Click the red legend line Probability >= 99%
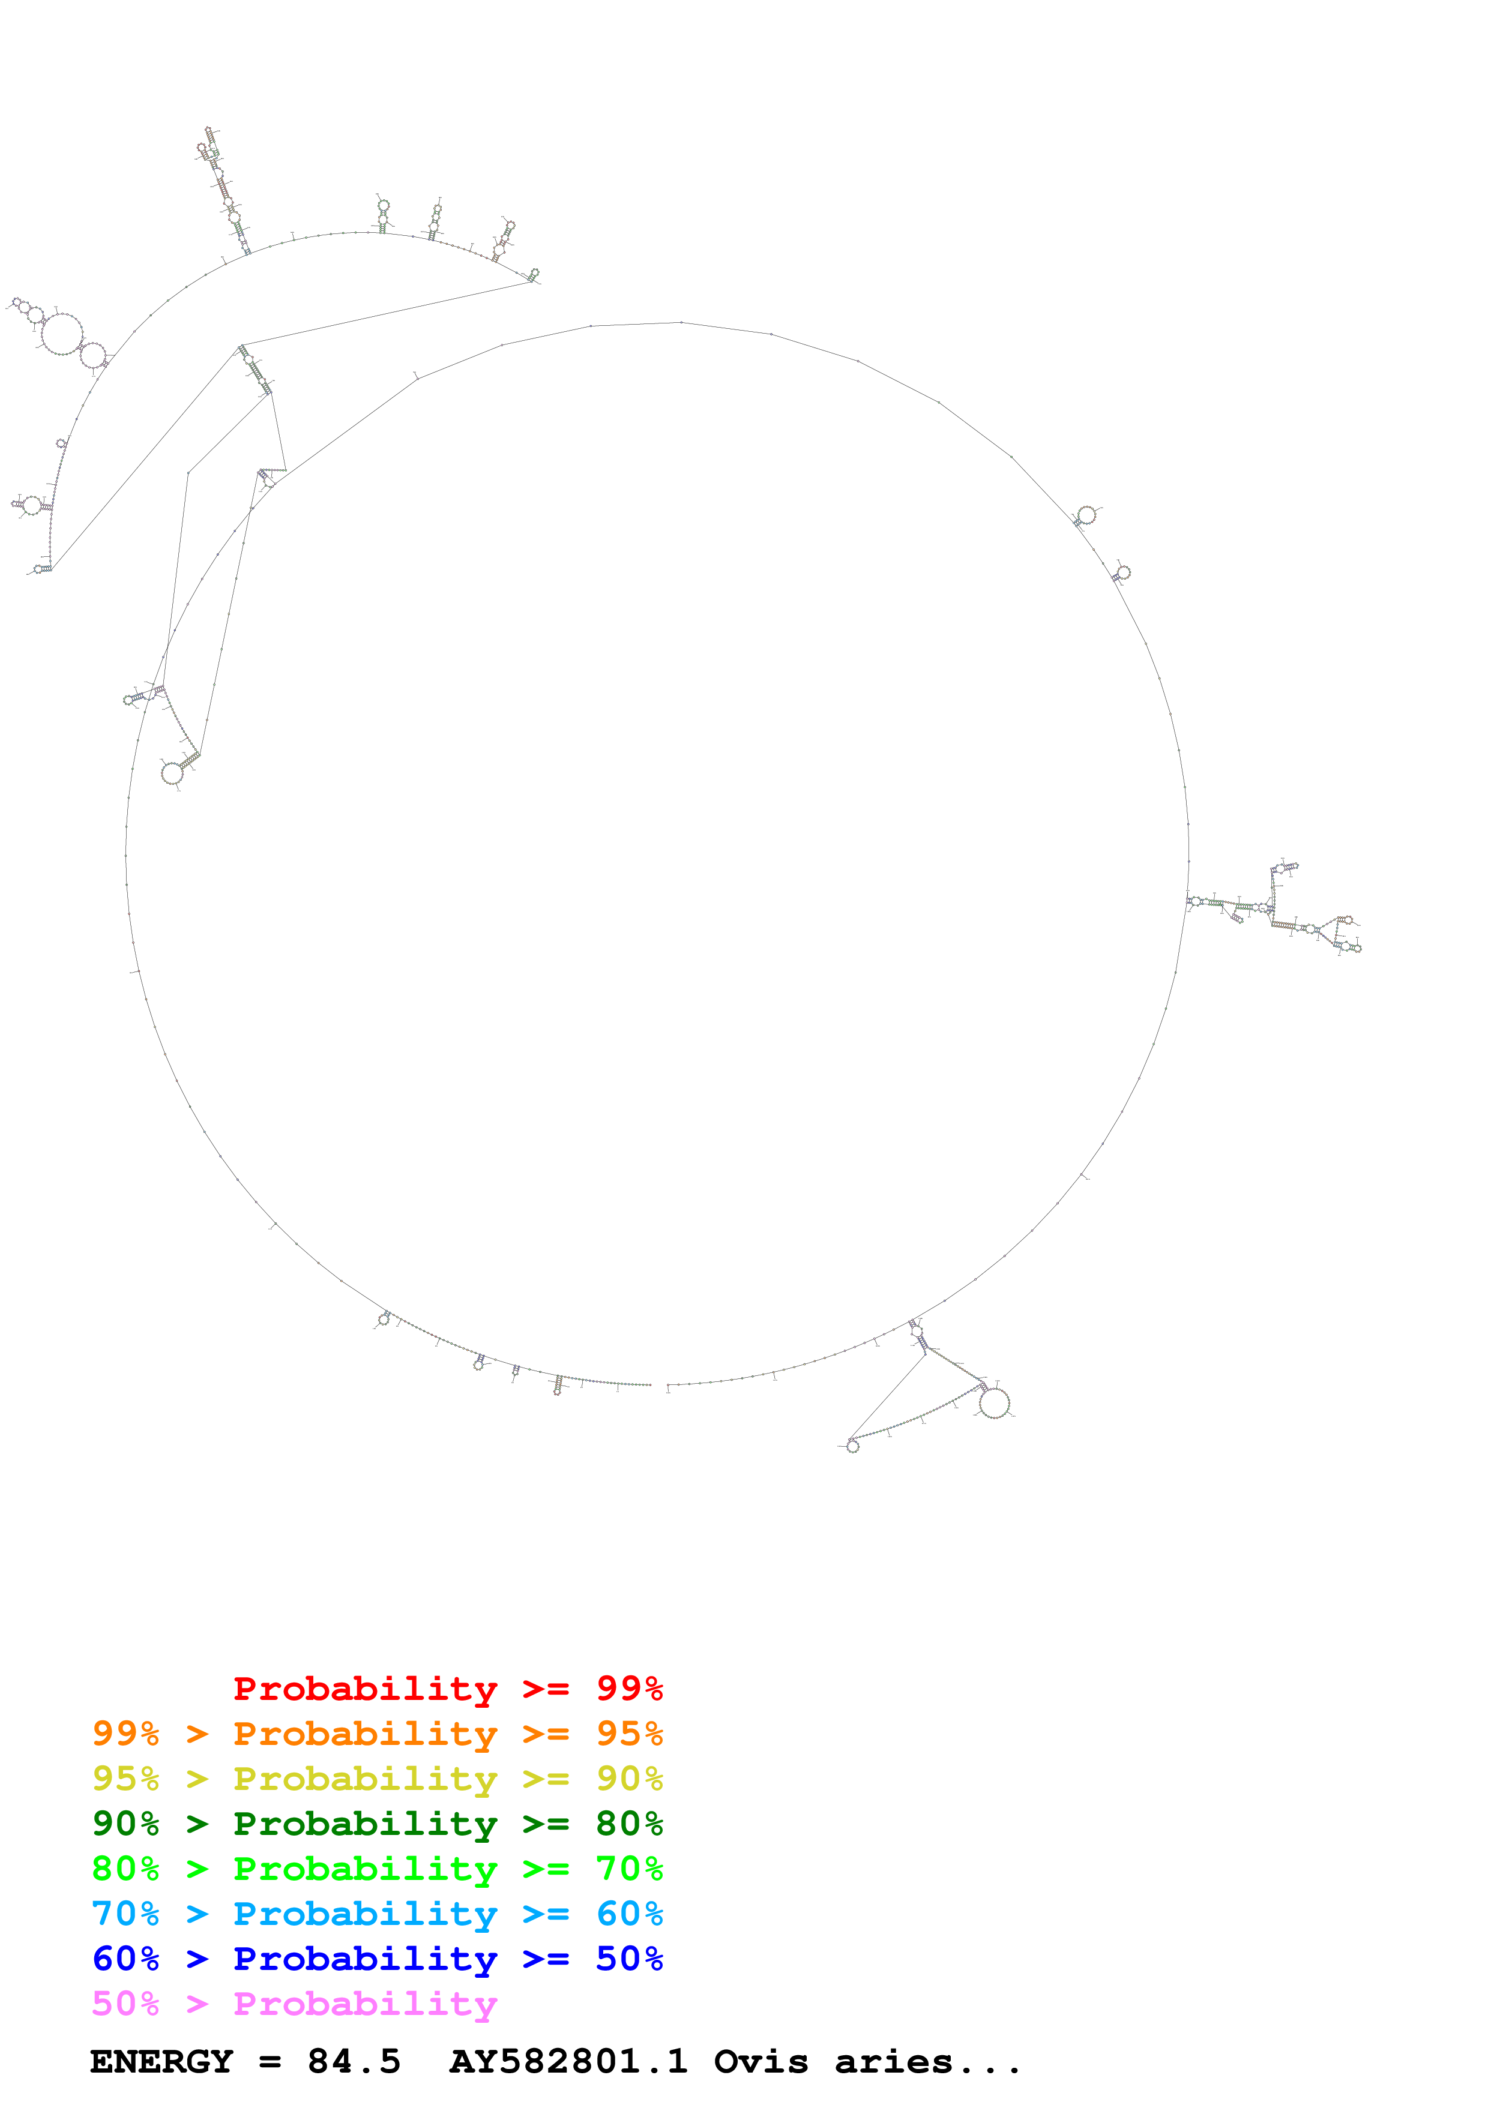coord(447,1689)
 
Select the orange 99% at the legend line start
coord(125,1734)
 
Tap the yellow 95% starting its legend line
coord(125,1779)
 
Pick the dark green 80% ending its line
coord(629,1824)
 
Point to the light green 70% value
coord(629,1869)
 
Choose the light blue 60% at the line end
coord(629,1914)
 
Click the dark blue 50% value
coord(629,1959)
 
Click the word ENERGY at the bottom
coord(161,2062)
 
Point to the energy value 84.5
coord(354,2062)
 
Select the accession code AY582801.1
coord(568,2062)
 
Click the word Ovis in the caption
coord(761,2062)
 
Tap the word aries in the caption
coord(894,2062)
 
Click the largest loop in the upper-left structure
coord(62,334)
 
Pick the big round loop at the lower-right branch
coord(994,1403)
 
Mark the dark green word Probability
coord(365,1824)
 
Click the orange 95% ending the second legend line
coord(629,1734)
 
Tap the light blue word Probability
coord(365,1914)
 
